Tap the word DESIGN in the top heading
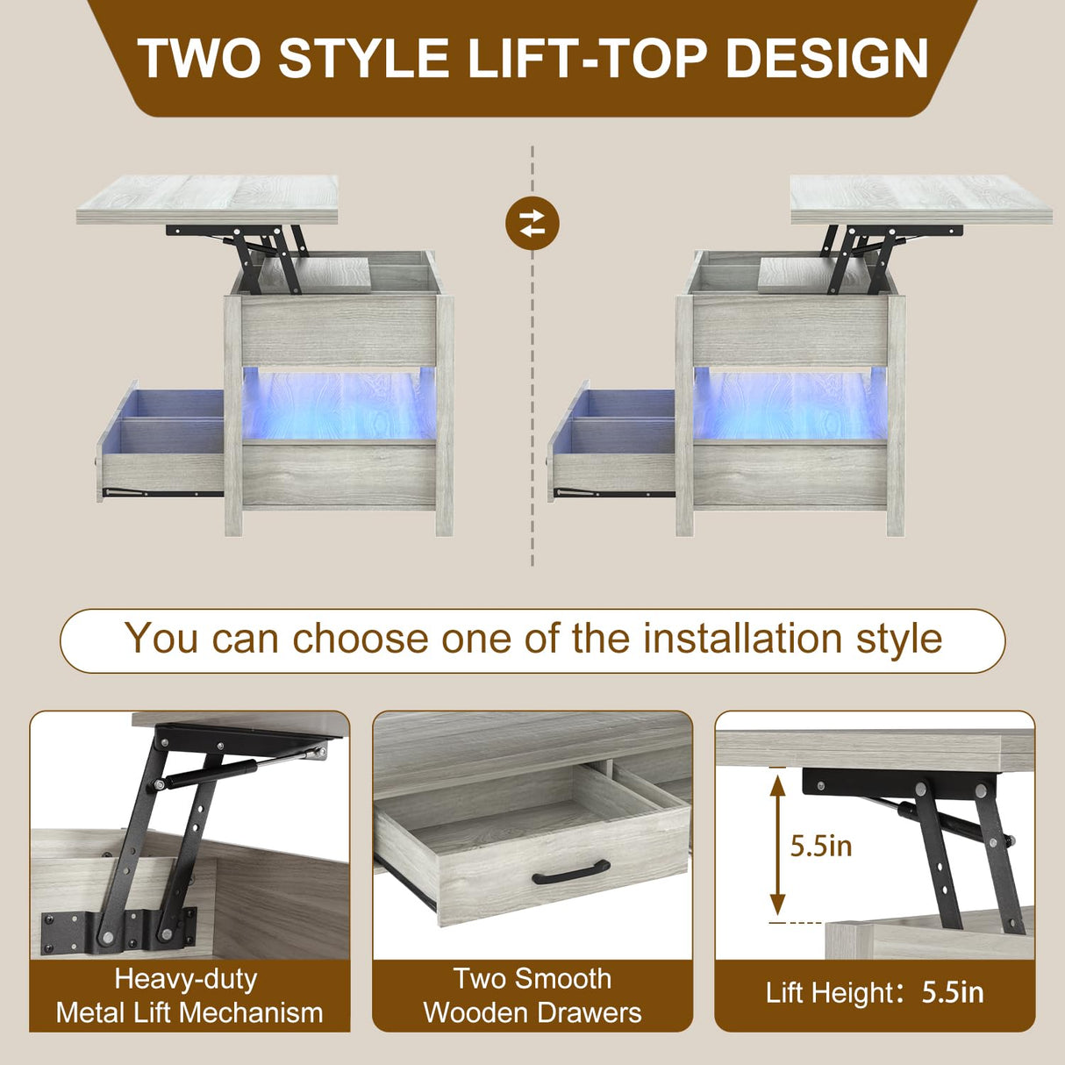click(826, 58)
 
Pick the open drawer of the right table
click(612, 443)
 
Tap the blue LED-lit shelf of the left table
click(339, 404)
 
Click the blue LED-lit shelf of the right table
click(790, 404)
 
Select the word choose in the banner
click(360, 639)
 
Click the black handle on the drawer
click(571, 871)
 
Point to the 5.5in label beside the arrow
click(821, 846)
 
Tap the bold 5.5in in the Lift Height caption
click(952, 993)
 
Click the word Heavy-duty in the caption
click(185, 978)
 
